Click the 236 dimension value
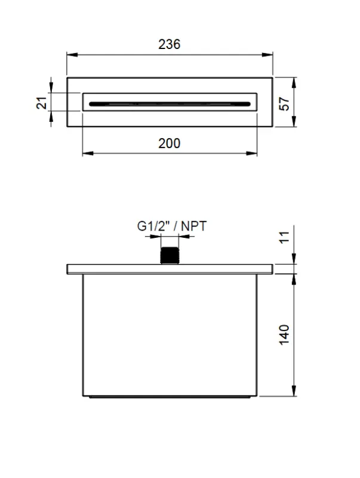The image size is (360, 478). [169, 44]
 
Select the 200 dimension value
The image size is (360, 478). [169, 143]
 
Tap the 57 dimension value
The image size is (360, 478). [284, 102]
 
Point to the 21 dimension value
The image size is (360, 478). [41, 102]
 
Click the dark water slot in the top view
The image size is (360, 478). [170, 103]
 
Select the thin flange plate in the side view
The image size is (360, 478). [170, 268]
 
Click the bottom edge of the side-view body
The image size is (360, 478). [170, 396]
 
